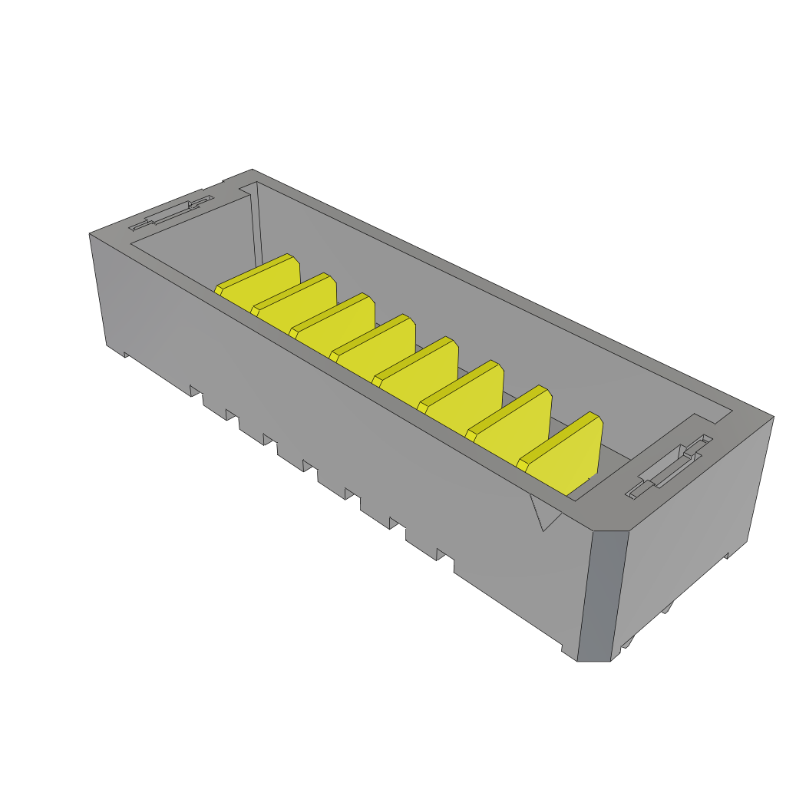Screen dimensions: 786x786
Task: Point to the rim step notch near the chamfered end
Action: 710,421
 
